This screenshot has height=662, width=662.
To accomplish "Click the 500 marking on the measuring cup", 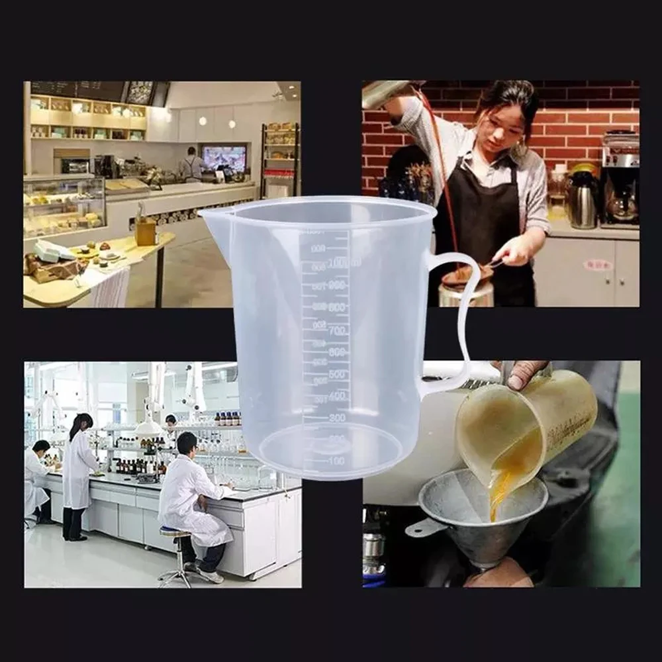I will (x=338, y=374).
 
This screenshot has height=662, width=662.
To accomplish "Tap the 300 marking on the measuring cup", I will (x=337, y=418).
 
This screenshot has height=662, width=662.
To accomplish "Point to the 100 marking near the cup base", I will (x=336, y=460).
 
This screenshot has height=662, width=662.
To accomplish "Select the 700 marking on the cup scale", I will (x=338, y=330).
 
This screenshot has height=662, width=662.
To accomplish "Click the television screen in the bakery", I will (x=224, y=158).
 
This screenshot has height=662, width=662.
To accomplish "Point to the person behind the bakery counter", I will (x=192, y=165).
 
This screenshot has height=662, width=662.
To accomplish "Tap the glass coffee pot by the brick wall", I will (x=622, y=206).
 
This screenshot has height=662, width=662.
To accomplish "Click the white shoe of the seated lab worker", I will (x=211, y=576).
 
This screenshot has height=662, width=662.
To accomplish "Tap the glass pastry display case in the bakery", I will (x=64, y=205).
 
